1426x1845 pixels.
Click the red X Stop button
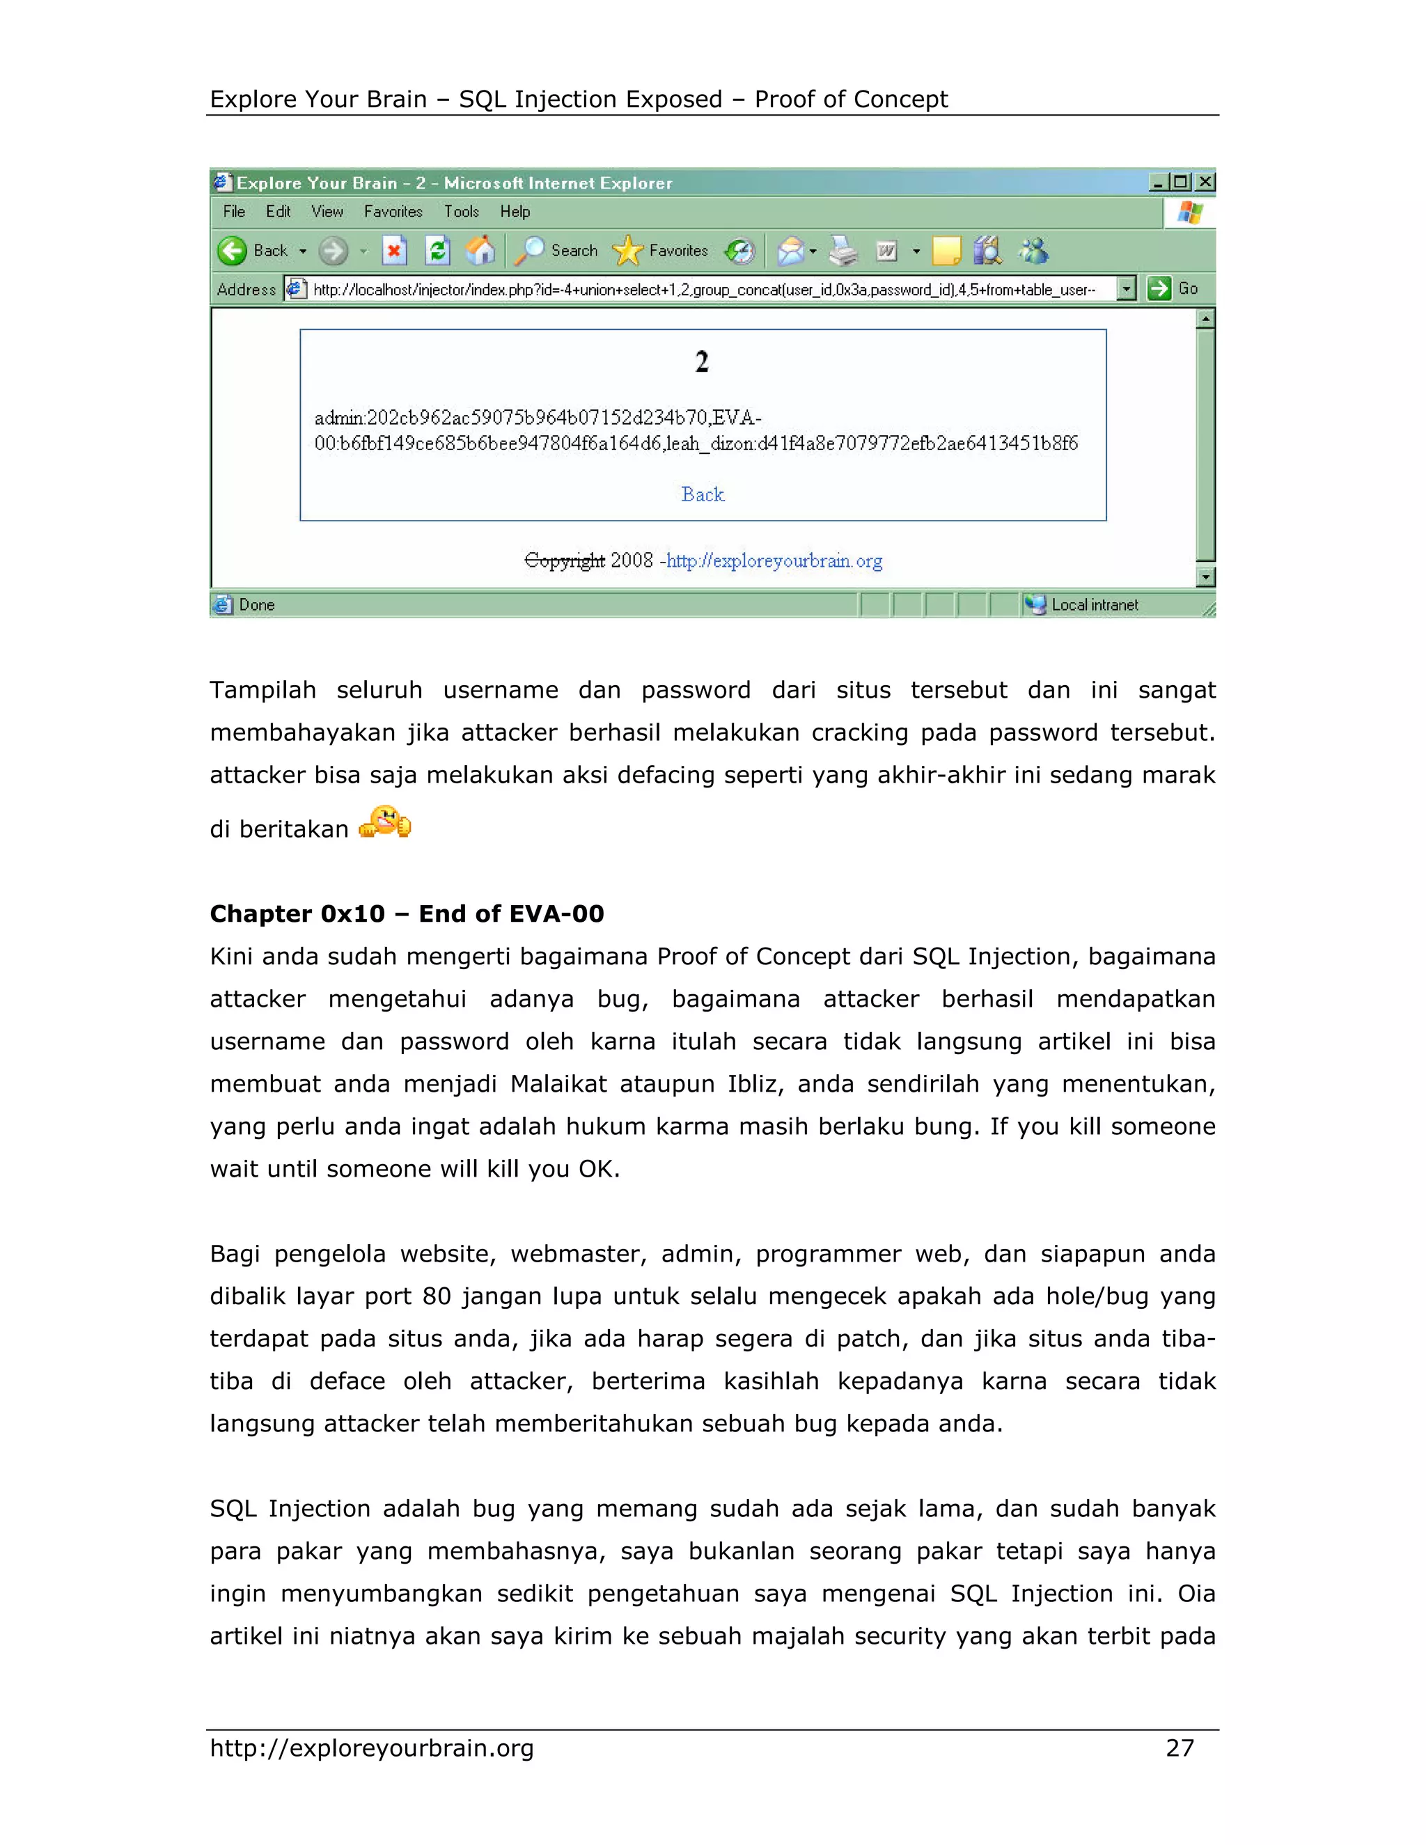(x=393, y=251)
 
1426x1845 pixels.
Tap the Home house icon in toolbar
(x=480, y=251)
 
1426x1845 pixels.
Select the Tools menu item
(x=461, y=212)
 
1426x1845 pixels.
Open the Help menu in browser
(x=515, y=212)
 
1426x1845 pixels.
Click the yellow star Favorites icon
(x=627, y=251)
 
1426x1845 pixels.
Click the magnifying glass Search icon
(x=530, y=251)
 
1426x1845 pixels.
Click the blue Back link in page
(x=702, y=494)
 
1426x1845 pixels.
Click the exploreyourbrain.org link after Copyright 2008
(x=774, y=561)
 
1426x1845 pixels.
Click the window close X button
(x=1205, y=182)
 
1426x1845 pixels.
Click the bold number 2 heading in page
(x=701, y=363)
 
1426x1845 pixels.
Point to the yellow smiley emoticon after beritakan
(x=385, y=822)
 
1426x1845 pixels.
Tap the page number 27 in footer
(x=1180, y=1748)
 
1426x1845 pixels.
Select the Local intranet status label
(x=1094, y=605)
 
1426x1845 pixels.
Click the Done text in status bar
(x=256, y=605)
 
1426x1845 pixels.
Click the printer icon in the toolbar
(x=843, y=251)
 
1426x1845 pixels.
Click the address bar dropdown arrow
(x=1125, y=289)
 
